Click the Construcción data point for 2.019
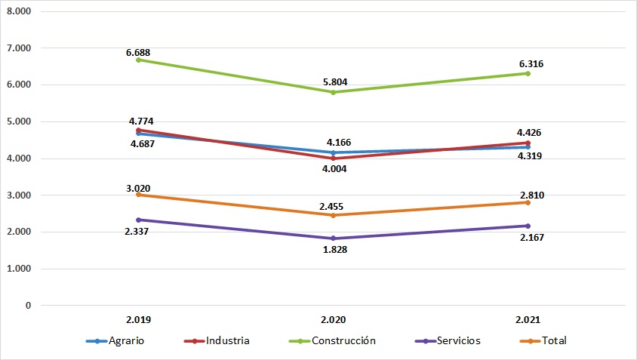click(140, 60)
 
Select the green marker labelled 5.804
click(334, 92)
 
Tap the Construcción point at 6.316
click(528, 73)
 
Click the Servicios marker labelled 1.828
click(334, 238)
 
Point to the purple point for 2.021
click(528, 226)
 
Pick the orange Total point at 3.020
click(140, 195)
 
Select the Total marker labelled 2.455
click(334, 215)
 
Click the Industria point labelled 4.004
click(334, 158)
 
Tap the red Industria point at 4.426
click(528, 143)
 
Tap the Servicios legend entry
click(451, 340)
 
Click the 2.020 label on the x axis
click(334, 319)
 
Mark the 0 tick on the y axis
click(26, 306)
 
